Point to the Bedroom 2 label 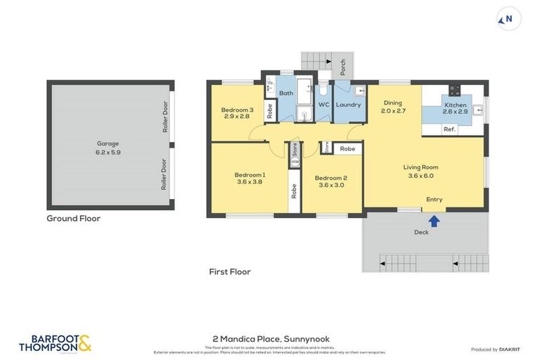(x=330, y=181)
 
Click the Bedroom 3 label (x=237, y=112)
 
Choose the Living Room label (x=420, y=172)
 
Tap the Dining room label (x=394, y=107)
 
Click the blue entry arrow (x=435, y=221)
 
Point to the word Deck (x=421, y=231)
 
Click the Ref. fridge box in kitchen (x=449, y=129)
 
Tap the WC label (x=323, y=105)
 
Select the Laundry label (x=348, y=105)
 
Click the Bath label (x=286, y=93)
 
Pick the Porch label (x=342, y=67)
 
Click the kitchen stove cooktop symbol (x=454, y=89)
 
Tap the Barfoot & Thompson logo (x=56, y=342)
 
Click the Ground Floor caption (x=73, y=219)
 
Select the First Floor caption (x=229, y=271)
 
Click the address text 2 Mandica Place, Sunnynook (x=269, y=339)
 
